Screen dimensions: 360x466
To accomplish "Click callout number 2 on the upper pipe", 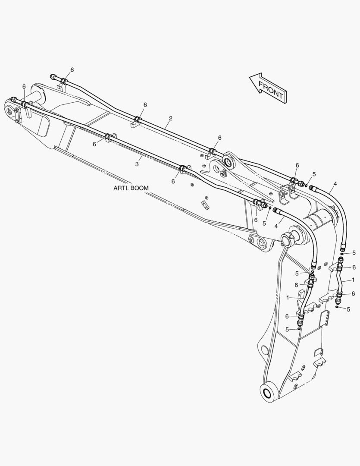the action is [x=170, y=118].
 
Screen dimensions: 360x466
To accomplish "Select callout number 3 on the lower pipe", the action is [x=137, y=164].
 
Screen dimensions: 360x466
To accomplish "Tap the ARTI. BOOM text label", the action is [x=131, y=188].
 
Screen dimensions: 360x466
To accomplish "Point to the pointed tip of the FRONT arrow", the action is [x=249, y=78].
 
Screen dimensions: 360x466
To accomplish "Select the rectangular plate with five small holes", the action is [x=324, y=319].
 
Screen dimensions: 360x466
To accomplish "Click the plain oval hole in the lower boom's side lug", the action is [x=263, y=349].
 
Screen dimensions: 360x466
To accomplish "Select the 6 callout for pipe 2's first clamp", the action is [x=72, y=69].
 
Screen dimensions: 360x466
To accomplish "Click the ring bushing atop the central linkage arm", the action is [x=230, y=161].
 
